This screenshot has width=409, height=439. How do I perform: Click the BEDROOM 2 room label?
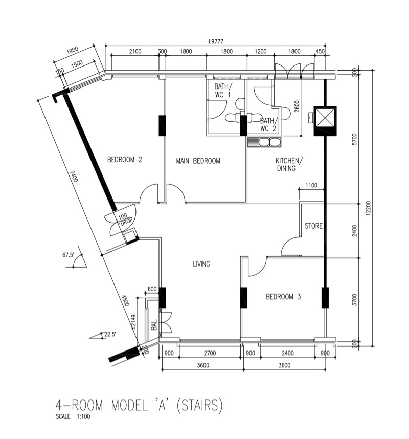pos(125,160)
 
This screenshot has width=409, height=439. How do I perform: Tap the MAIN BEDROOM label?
pos(198,161)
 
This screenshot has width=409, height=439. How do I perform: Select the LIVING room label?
pos(201,264)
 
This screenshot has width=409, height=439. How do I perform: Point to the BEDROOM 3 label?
pos(283,296)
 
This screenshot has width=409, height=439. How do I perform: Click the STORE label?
pos(313,226)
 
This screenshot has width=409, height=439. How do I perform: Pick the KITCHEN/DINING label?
pos(289,164)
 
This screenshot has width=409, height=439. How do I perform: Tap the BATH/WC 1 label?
pos(222,91)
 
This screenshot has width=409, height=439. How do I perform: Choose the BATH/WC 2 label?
pos(269,125)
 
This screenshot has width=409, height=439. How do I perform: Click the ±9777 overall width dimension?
pos(215,41)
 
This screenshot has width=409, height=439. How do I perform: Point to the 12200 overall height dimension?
pos(368,208)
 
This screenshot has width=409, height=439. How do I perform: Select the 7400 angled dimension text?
pos(74,176)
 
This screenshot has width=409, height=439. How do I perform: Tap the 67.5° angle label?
pos(68,255)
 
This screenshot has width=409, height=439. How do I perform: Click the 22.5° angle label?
pos(110,334)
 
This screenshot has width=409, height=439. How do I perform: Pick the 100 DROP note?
pos(125,219)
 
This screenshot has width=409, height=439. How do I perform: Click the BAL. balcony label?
pos(154,324)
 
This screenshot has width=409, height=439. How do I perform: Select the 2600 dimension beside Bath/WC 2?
pos(297,106)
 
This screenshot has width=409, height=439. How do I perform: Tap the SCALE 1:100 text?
pos(73,416)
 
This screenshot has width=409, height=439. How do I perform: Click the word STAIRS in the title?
pos(199,405)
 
